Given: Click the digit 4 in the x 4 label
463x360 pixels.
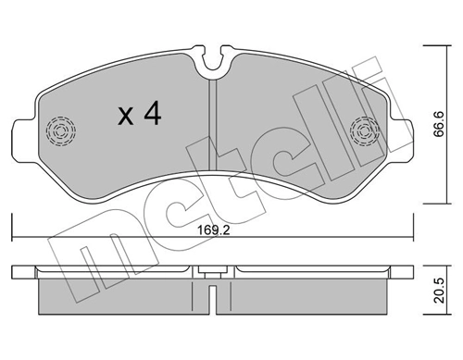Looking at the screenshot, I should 153,116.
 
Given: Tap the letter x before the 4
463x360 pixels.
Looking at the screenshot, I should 125,118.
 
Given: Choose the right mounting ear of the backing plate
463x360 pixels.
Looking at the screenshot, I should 400,134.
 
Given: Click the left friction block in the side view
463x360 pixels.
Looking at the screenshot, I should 120,295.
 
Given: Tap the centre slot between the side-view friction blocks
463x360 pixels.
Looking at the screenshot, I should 213,296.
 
